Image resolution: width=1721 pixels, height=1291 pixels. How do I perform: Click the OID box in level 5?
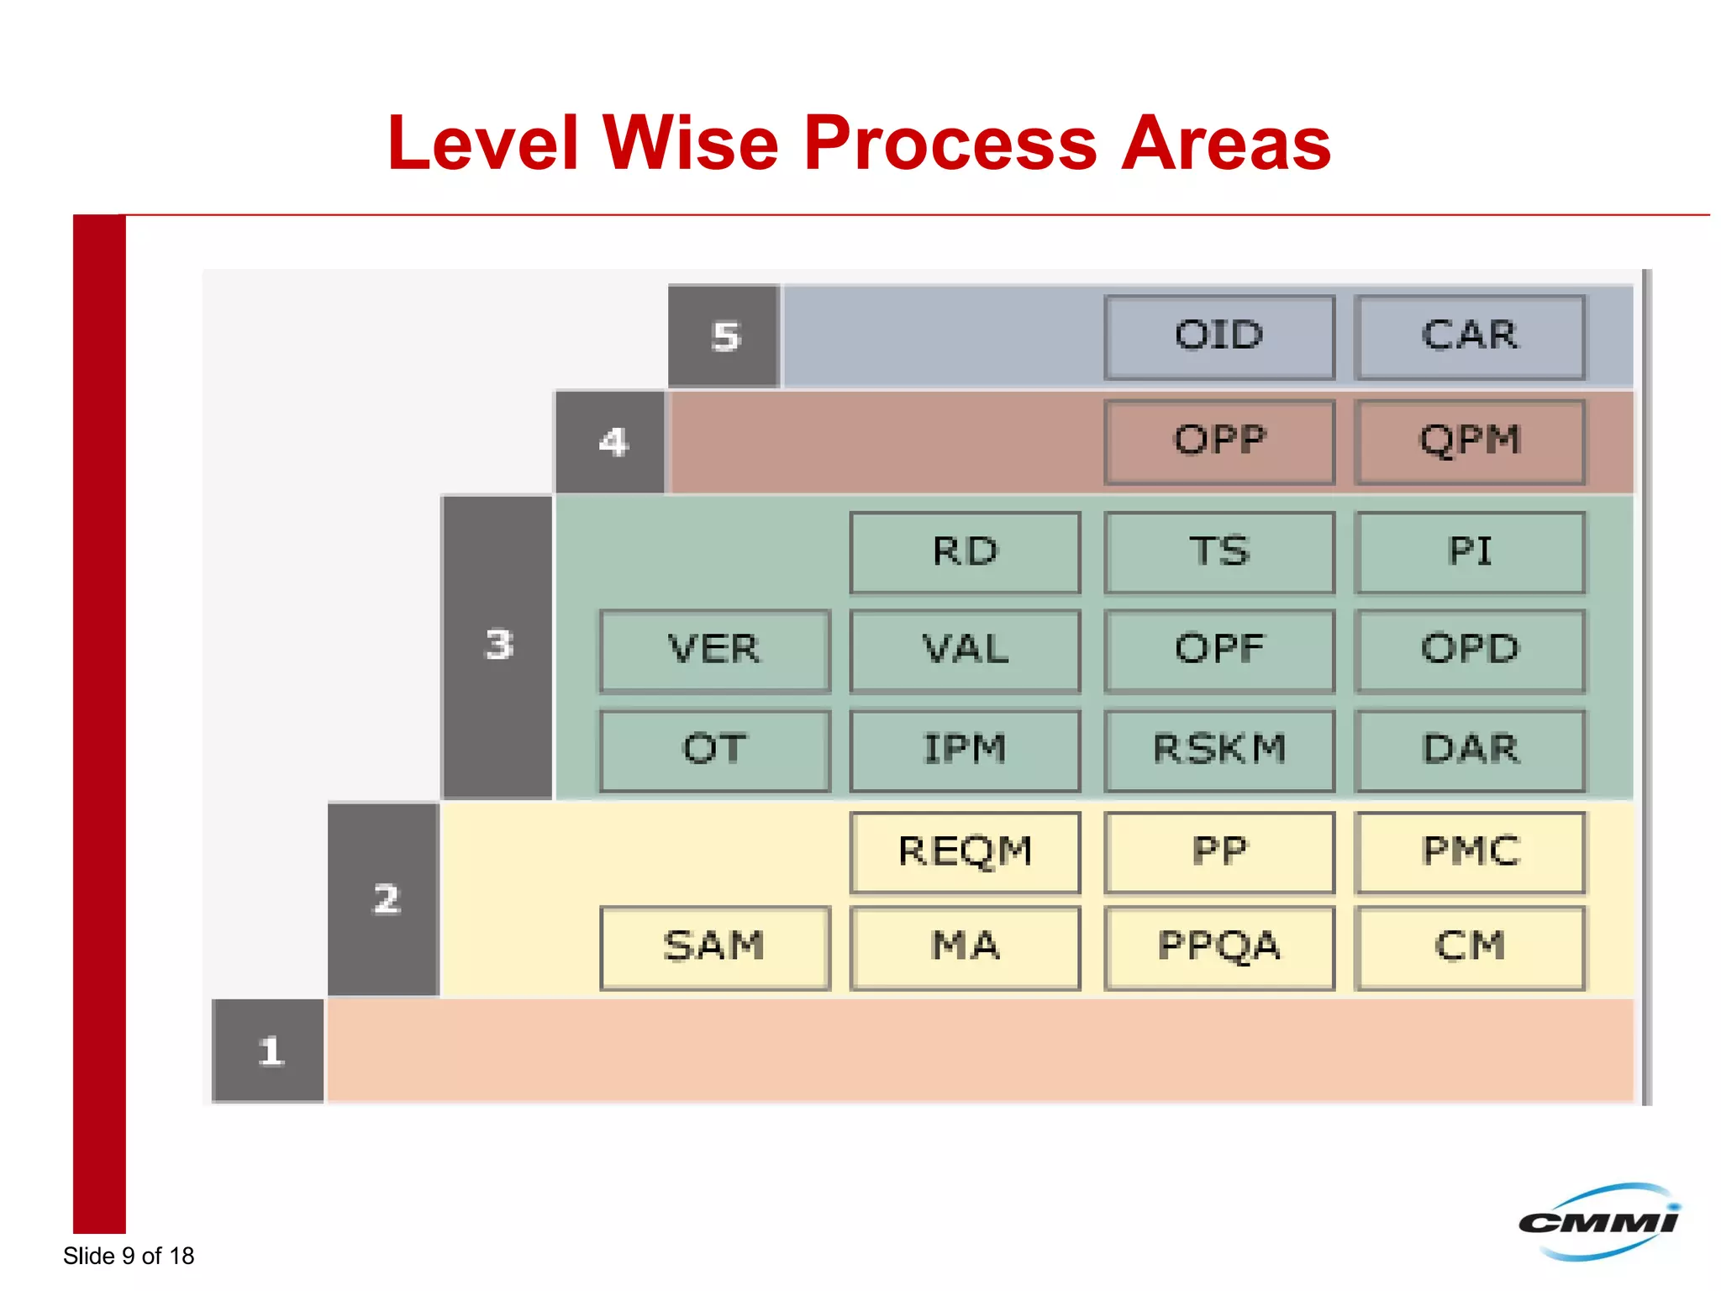(1219, 336)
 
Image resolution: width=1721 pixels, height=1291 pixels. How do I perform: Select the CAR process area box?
(1470, 336)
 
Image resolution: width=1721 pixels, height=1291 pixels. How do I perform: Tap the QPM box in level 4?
(1470, 441)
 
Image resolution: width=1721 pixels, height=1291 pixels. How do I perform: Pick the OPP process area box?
(1219, 441)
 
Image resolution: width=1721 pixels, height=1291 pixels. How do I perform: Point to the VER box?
(714, 651)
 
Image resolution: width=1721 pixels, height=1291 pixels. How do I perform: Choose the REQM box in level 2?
(965, 851)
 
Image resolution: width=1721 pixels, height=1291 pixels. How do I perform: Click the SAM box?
(714, 947)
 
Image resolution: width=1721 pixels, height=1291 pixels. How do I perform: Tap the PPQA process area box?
(1219, 947)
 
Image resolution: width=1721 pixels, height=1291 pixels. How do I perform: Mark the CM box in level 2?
(1470, 947)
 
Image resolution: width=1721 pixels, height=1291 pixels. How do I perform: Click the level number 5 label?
(724, 337)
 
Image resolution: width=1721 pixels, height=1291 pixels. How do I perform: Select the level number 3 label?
(497, 645)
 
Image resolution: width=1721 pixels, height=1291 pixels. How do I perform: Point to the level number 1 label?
(269, 1051)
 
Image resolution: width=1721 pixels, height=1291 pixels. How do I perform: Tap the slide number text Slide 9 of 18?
(129, 1256)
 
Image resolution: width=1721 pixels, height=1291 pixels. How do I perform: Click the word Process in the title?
(950, 144)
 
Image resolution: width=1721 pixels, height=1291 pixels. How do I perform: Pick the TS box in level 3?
(1219, 552)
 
